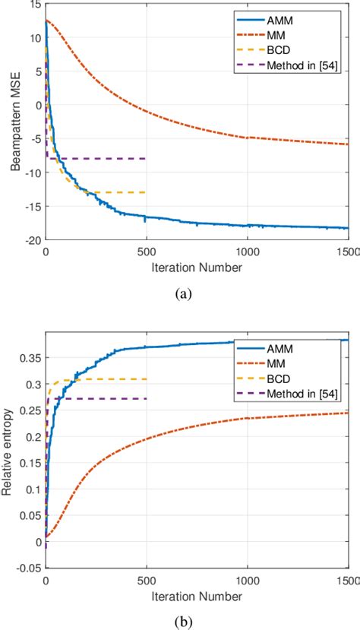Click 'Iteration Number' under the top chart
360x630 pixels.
tap(197, 268)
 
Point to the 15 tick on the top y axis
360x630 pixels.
tap(36, 5)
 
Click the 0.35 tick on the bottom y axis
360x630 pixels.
tap(32, 357)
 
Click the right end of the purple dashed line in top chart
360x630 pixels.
tap(146, 158)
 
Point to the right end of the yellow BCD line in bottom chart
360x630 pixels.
tap(146, 379)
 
